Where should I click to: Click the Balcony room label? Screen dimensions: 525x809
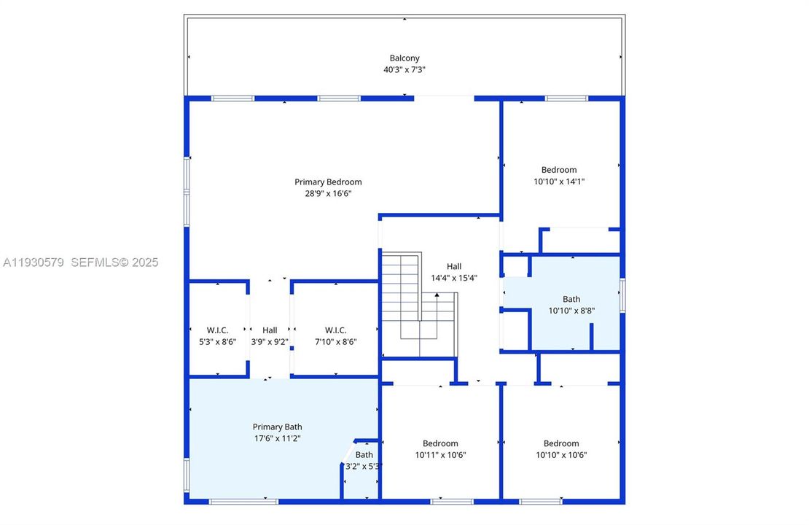[404, 58]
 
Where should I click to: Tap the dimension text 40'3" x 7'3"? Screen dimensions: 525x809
[404, 70]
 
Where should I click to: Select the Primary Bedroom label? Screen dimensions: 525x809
[328, 182]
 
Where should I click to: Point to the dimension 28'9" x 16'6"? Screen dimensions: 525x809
[328, 194]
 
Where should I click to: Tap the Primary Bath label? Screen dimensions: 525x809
[277, 427]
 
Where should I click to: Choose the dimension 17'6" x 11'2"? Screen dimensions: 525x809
[277, 438]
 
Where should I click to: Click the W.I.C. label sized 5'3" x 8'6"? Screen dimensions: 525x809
[218, 330]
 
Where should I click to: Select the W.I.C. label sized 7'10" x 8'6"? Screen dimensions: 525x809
[335, 330]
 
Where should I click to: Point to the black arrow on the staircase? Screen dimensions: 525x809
[437, 295]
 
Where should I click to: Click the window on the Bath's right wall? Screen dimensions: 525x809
[622, 296]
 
